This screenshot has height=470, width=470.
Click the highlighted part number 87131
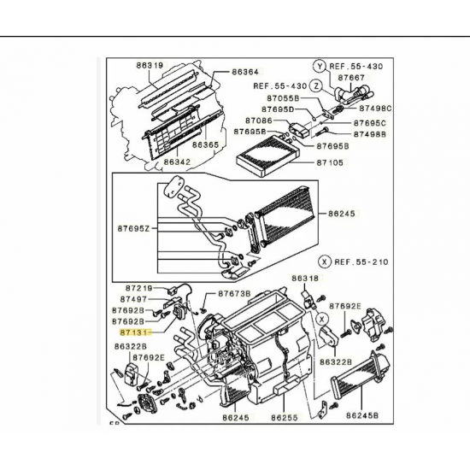(133, 327)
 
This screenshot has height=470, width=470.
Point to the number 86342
(177, 162)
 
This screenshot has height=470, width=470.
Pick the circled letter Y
(319, 66)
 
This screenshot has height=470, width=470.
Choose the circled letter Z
(315, 85)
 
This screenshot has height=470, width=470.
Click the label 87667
(351, 77)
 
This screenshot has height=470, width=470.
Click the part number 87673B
(233, 293)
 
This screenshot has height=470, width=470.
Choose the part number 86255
(283, 419)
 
